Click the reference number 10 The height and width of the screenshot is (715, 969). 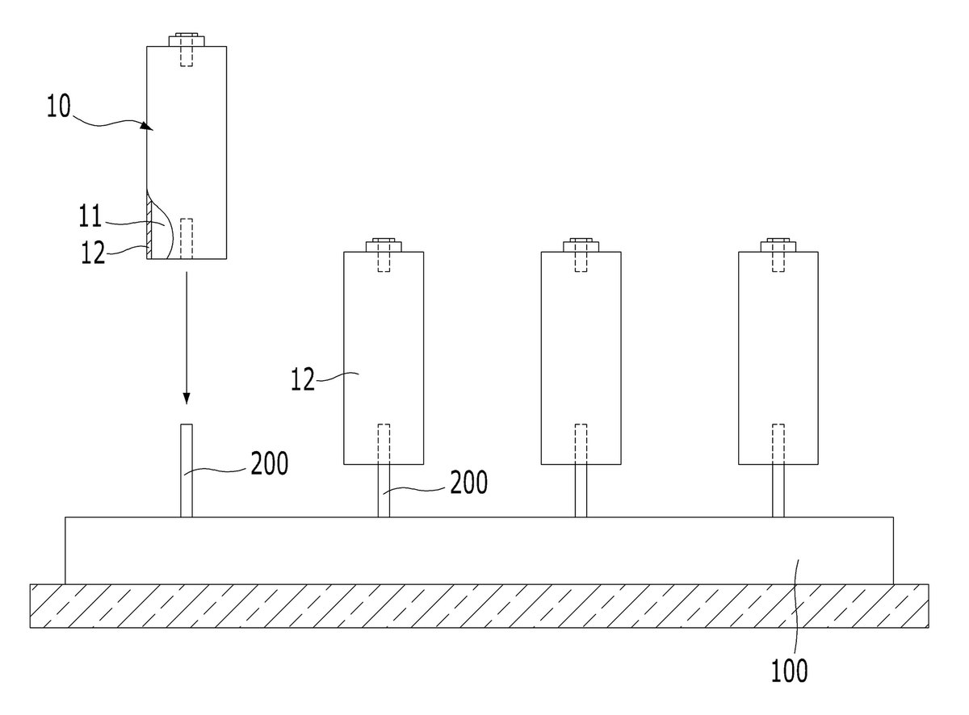pos(58,107)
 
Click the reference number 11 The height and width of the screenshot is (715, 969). pos(90,215)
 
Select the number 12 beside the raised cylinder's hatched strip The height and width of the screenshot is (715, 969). pos(93,253)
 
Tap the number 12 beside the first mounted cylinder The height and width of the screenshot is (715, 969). pos(303,379)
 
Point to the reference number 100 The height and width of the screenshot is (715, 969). pos(789,671)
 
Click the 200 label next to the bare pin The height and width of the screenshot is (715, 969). pos(269,463)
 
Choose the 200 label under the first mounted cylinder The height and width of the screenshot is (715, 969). pos(469,483)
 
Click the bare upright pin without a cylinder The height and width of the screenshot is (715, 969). pos(187,470)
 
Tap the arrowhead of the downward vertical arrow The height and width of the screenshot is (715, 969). pos(187,398)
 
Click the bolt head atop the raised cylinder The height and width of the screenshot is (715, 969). pos(187,40)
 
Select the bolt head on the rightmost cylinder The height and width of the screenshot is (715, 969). pos(778,245)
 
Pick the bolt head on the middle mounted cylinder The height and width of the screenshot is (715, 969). pos(581,245)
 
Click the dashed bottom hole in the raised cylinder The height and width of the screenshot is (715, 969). pos(187,239)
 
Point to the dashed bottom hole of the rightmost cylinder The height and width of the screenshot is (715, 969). pos(778,444)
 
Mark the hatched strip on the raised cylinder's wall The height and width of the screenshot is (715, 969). pos(149,227)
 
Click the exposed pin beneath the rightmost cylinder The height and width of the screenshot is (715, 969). pos(778,491)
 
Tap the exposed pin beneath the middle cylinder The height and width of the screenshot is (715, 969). pos(581,491)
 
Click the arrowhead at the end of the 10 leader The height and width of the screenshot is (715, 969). pos(148,126)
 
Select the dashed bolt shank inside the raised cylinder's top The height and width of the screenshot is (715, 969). pos(187,56)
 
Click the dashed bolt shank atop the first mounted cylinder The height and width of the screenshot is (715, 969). pos(384,261)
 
